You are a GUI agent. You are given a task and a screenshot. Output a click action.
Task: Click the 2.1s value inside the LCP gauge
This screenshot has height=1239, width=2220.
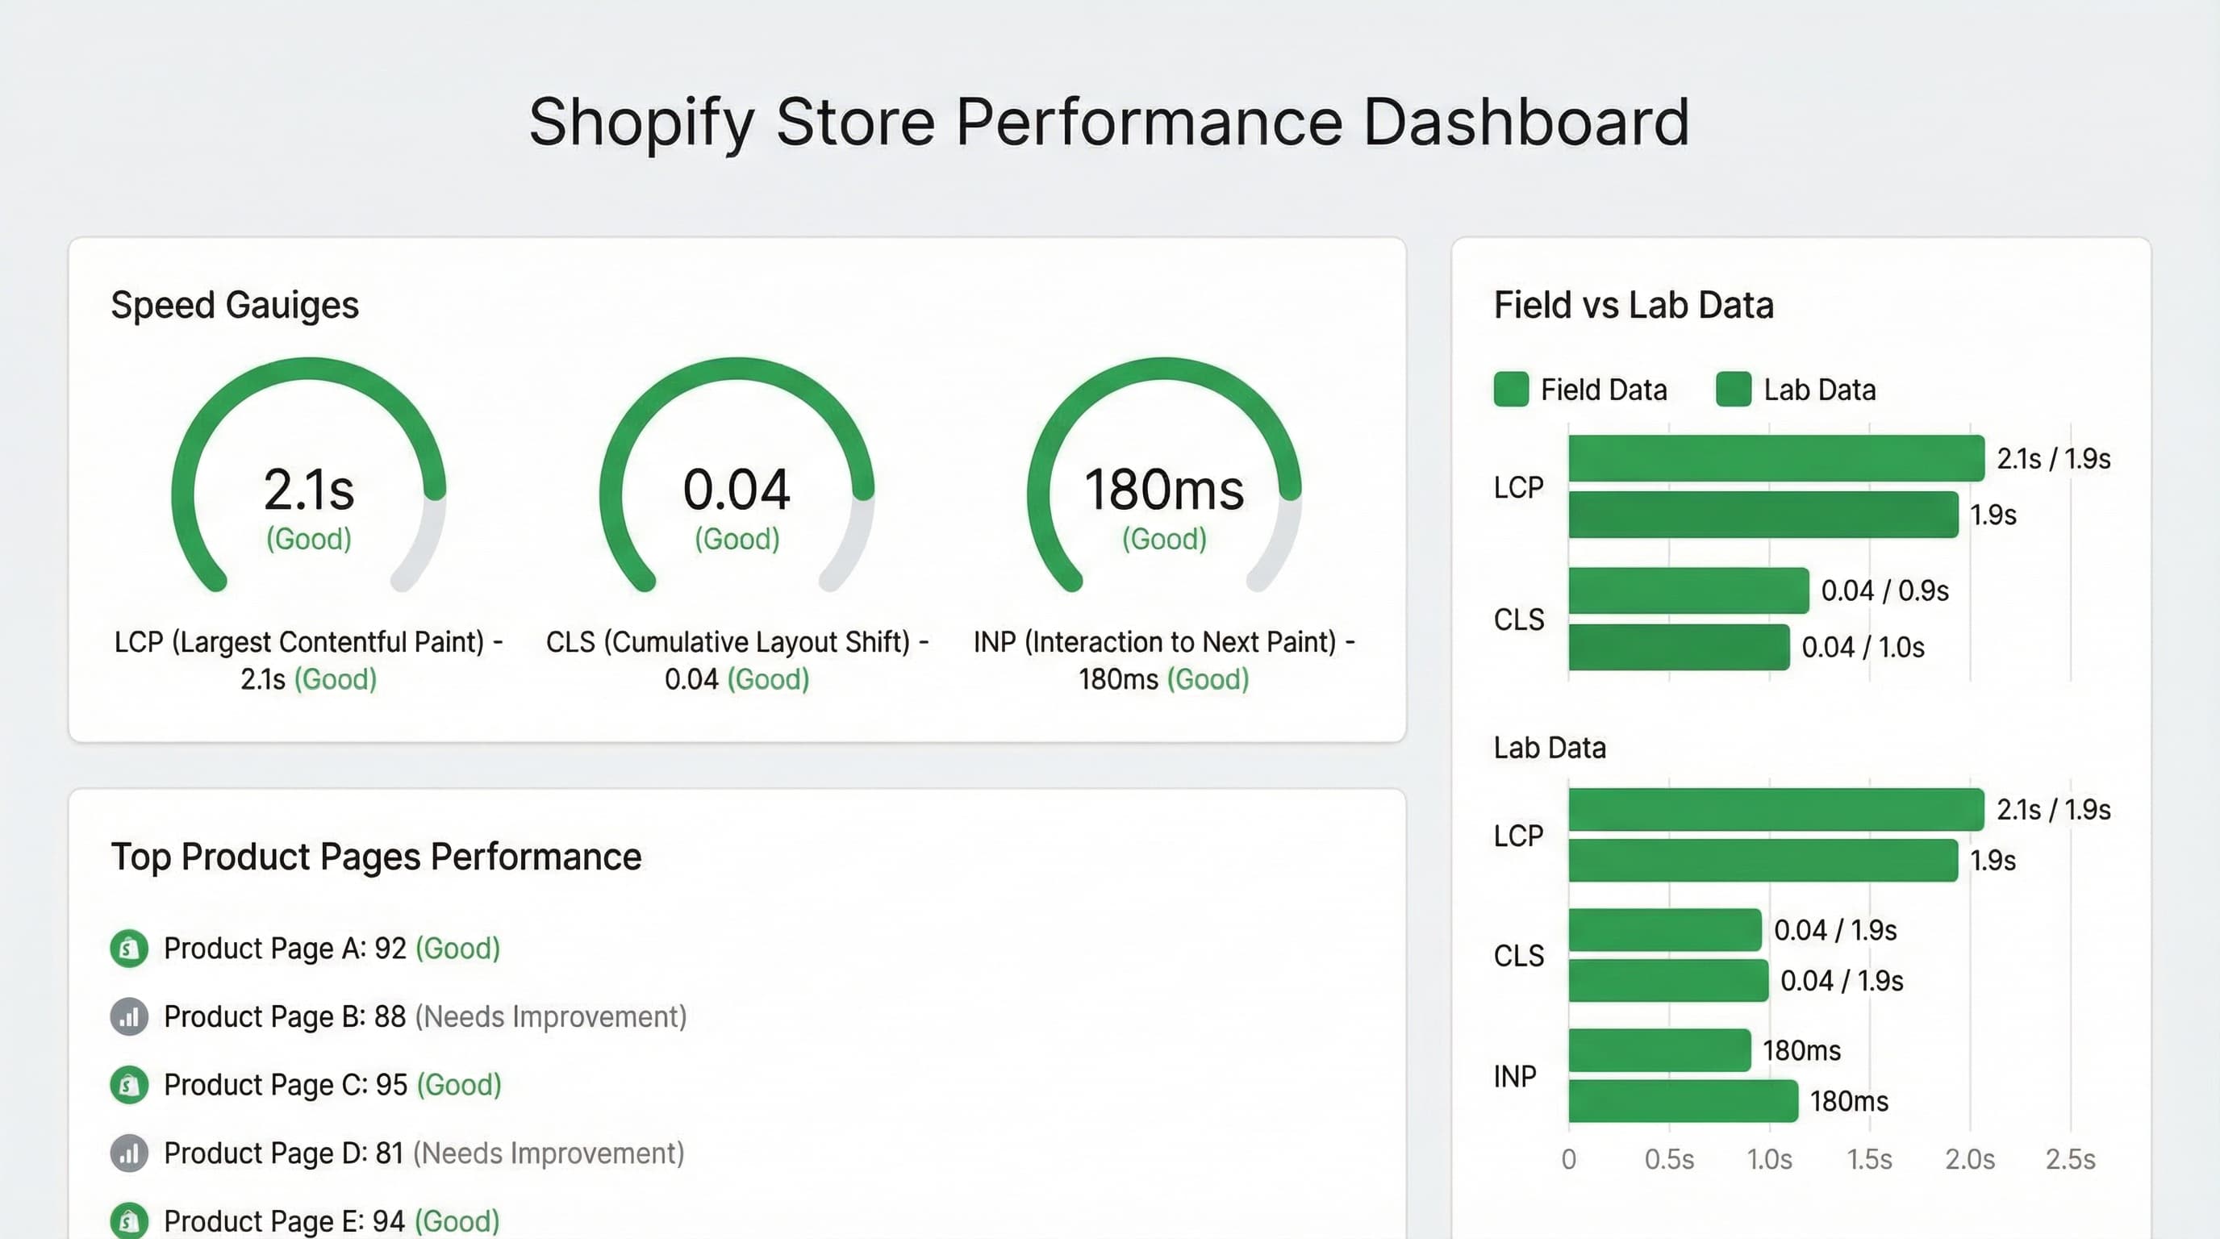[308, 490]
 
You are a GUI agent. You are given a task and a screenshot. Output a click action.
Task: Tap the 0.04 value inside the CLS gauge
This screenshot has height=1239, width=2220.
[736, 490]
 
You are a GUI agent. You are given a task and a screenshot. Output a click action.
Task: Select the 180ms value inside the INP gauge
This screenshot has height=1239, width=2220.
[1163, 490]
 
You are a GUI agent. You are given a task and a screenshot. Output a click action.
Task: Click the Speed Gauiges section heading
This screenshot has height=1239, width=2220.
[235, 305]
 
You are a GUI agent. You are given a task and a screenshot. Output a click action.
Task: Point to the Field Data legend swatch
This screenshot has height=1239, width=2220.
[1511, 390]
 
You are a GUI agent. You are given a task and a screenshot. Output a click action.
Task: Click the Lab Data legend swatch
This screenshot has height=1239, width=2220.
[1733, 390]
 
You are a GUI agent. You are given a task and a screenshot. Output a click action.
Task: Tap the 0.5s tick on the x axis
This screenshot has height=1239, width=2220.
[1668, 1160]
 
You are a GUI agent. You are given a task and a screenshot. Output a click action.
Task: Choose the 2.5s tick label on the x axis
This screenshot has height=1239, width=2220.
[2070, 1160]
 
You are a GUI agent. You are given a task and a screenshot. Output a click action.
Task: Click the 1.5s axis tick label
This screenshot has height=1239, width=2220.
[1869, 1160]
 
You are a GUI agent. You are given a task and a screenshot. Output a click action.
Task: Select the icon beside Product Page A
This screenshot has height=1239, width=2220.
[129, 949]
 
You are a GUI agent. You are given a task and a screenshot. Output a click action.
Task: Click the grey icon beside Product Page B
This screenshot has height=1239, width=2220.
[129, 1016]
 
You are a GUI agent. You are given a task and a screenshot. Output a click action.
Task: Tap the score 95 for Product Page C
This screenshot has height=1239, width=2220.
[391, 1085]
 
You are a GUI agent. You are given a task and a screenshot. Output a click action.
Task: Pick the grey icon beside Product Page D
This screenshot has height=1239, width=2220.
[129, 1153]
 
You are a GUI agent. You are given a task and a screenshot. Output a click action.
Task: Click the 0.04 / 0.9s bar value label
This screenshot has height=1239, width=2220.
[1884, 591]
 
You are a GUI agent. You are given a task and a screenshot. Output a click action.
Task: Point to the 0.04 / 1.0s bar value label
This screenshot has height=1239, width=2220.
[1863, 647]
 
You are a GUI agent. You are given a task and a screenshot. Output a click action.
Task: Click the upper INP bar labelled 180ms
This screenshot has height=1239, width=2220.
[1659, 1050]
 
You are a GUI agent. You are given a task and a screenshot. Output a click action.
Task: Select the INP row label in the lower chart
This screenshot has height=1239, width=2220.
[1514, 1076]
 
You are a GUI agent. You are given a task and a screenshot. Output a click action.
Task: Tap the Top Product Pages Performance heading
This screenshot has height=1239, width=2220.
[376, 857]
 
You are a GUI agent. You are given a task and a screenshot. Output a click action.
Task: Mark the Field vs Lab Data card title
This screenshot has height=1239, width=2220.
[1633, 305]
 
